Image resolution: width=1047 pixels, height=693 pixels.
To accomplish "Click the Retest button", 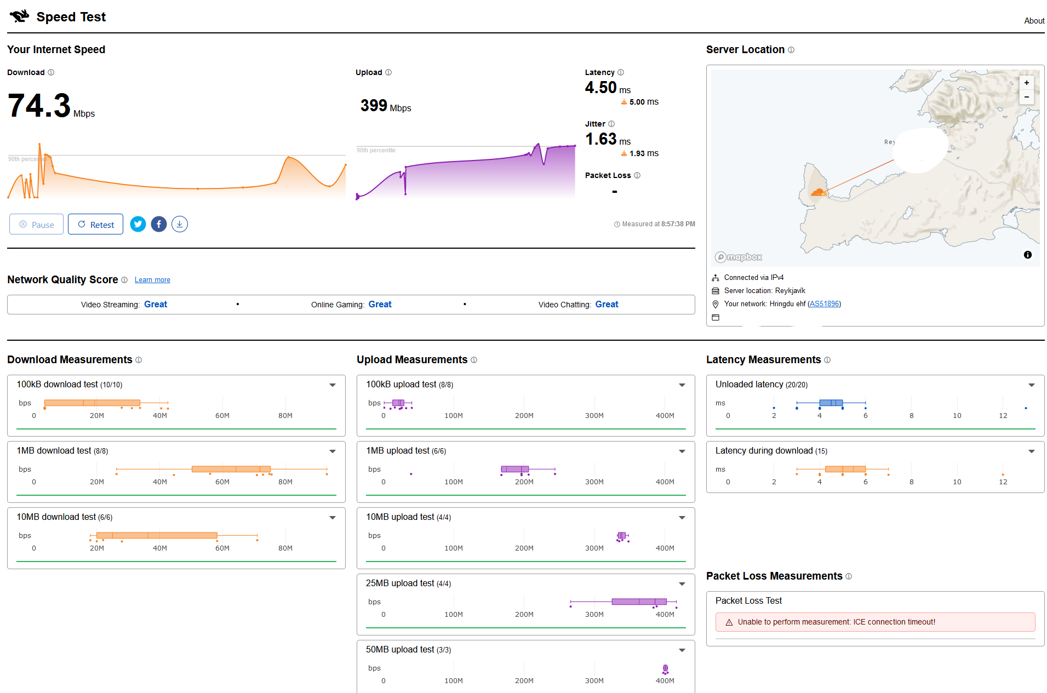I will coord(95,225).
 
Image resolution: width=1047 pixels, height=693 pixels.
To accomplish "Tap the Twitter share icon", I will coord(138,224).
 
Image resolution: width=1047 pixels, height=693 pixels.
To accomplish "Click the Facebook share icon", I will coord(159,224).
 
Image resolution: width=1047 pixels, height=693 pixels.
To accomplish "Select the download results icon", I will coord(180,224).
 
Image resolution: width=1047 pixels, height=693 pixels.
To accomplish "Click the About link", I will coord(1034,21).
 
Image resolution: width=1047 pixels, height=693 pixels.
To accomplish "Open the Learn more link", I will coord(152,280).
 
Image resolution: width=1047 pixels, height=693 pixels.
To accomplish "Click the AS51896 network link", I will coord(824,304).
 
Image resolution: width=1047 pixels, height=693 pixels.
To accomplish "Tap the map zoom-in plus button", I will coord(1027,83).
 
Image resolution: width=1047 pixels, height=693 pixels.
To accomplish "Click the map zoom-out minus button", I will coord(1027,97).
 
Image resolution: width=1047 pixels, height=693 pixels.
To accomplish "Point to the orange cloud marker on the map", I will coord(818,192).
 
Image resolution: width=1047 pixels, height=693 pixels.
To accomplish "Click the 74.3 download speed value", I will coord(39,105).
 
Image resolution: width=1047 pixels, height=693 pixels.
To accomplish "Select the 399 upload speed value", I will coord(374,105).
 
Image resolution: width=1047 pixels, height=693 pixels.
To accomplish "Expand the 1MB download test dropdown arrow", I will coord(333,451).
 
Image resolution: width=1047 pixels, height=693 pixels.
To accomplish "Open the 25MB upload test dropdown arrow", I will coord(682,584).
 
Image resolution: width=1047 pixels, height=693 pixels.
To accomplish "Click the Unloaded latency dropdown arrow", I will coord(1032,385).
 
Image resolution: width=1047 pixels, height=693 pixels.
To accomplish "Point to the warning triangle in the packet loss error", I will coord(729,622).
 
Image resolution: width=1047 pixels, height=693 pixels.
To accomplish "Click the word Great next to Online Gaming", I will coord(380,305).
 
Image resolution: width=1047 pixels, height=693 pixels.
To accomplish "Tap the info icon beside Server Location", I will coord(791,50).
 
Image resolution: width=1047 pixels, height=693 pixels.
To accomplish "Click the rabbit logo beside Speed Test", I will coord(20,16).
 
